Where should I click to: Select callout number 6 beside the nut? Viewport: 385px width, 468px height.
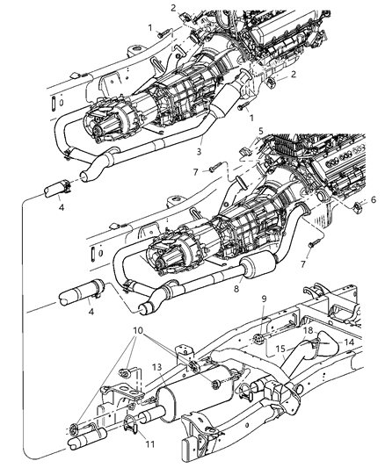point(373,224)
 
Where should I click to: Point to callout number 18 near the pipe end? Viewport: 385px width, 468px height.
point(309,330)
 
